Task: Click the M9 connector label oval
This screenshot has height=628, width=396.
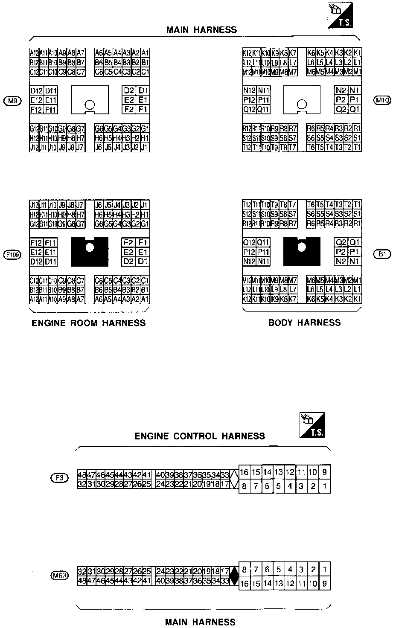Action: [x=12, y=101]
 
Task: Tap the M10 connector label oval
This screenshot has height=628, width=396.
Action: [x=381, y=101]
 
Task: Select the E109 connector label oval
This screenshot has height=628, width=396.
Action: [x=12, y=255]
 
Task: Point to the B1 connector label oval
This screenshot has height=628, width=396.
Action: [x=381, y=255]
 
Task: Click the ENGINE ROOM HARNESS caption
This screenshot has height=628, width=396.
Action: [x=89, y=323]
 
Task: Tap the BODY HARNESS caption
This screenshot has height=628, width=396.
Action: [x=304, y=323]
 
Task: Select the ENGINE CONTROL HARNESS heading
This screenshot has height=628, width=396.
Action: [x=200, y=436]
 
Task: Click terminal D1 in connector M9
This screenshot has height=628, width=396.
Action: [x=143, y=90]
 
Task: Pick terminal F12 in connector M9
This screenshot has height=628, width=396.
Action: [x=36, y=110]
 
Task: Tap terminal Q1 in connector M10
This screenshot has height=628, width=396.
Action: [x=355, y=109]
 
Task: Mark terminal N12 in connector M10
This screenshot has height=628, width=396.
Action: [x=249, y=90]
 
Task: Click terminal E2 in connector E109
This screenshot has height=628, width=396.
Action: [x=128, y=252]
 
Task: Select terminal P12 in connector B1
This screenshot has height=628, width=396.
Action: [x=249, y=252]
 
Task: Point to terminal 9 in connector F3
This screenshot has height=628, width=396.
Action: [x=325, y=472]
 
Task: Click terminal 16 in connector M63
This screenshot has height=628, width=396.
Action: [x=245, y=584]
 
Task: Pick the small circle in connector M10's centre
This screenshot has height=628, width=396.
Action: [x=302, y=104]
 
